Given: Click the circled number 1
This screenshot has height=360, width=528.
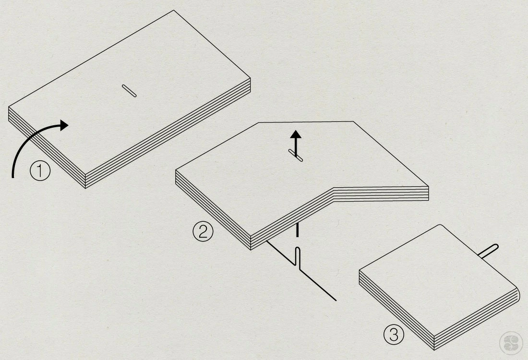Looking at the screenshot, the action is (40, 171).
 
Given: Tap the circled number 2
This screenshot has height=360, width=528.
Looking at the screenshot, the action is (203, 232).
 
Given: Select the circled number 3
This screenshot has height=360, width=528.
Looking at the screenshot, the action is (394, 335).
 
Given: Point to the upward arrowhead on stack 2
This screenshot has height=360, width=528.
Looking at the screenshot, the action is (296, 134).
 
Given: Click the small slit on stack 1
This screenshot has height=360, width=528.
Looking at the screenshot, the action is (129, 91).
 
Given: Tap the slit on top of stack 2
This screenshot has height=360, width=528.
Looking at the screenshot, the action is (296, 155).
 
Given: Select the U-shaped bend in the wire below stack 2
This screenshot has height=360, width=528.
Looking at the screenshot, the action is (298, 256).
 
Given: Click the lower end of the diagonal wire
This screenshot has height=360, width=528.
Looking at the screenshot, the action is (336, 300).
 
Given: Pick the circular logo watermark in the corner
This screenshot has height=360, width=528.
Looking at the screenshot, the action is (511, 343).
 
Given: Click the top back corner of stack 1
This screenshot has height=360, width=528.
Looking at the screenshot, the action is (174, 10).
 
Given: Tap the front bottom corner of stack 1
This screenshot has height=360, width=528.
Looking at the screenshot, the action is (85, 188).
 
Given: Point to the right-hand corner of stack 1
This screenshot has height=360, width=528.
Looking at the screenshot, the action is (251, 78).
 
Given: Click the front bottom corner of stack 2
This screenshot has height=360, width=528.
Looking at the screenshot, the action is (251, 250).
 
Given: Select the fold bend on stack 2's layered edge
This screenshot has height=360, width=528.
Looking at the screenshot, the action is (334, 195).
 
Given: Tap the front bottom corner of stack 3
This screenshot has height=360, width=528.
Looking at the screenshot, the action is (434, 349).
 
